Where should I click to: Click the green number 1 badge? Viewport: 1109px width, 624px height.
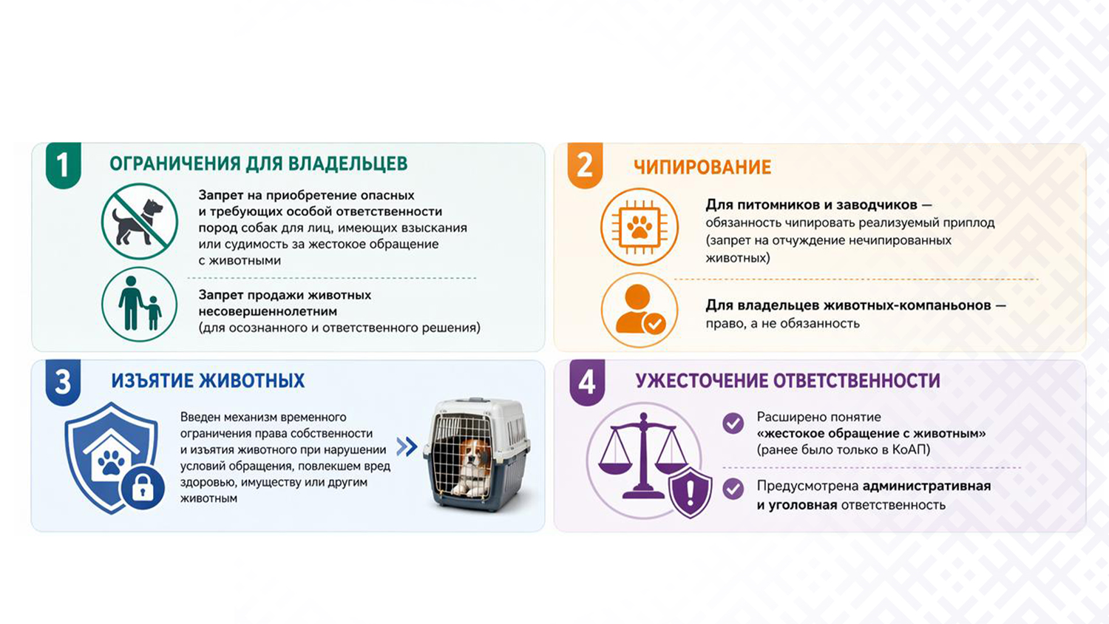pyautogui.click(x=64, y=165)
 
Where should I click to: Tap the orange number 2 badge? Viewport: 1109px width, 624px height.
pyautogui.click(x=585, y=165)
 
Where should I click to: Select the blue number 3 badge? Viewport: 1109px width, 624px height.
pyautogui.click(x=63, y=382)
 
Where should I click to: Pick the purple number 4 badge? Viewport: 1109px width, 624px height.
pyautogui.click(x=587, y=382)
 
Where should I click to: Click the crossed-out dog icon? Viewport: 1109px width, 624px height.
pyautogui.click(x=140, y=221)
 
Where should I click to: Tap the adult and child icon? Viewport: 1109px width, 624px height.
pyautogui.click(x=140, y=305)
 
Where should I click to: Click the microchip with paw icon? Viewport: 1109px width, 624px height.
pyautogui.click(x=640, y=227)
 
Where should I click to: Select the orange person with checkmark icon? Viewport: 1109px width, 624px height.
pyautogui.click(x=640, y=310)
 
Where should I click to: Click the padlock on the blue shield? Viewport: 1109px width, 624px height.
pyautogui.click(x=143, y=488)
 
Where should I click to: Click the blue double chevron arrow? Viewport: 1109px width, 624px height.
pyautogui.click(x=407, y=447)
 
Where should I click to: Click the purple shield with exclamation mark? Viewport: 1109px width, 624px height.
pyautogui.click(x=690, y=491)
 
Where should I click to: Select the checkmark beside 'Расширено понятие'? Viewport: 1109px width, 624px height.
pyautogui.click(x=733, y=424)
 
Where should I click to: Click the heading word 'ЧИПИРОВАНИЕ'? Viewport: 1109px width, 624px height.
pyautogui.click(x=702, y=167)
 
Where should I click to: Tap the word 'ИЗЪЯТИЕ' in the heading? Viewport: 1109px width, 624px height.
pyautogui.click(x=152, y=381)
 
